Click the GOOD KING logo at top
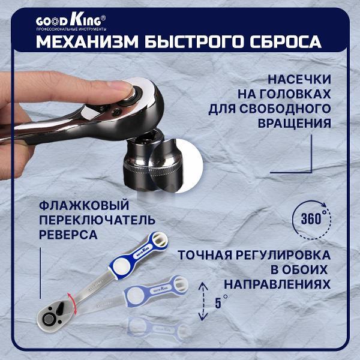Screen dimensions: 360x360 [71, 20]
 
